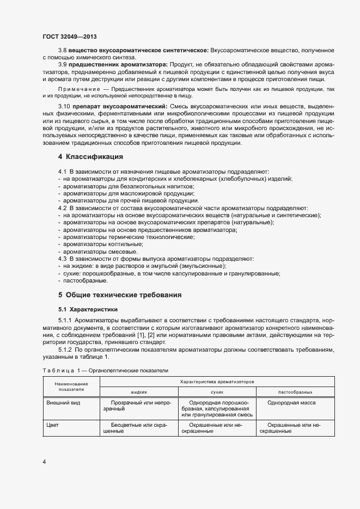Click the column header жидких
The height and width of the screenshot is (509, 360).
pos(139,391)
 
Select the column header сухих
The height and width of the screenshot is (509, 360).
pos(217,391)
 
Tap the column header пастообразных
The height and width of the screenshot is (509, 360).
pos(295,391)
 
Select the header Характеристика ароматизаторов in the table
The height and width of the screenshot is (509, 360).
pos(217,383)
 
